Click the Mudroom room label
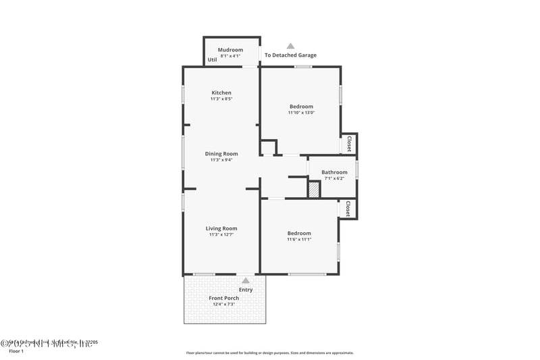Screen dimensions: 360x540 point(230,50)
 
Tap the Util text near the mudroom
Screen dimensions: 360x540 point(212,59)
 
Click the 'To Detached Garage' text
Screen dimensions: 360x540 point(290,55)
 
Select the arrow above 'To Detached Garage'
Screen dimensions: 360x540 point(290,46)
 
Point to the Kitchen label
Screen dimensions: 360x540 point(221,93)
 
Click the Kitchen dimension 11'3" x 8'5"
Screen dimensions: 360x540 point(221,99)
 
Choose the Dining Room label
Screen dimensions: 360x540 point(221,154)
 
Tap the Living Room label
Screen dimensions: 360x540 point(221,228)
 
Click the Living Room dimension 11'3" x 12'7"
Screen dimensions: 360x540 point(221,235)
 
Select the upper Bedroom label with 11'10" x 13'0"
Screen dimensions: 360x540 point(301,107)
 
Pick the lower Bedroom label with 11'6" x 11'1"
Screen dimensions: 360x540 point(299,233)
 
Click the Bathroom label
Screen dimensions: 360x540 point(334,172)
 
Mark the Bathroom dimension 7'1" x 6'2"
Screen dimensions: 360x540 point(334,179)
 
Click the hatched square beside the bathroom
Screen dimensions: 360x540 point(314,190)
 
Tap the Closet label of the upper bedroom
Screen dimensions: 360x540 point(349,144)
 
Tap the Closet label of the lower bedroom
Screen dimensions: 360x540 point(348,208)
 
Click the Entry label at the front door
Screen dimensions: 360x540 point(246,290)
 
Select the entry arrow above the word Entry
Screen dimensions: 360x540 point(246,280)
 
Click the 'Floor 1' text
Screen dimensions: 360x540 point(16,351)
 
